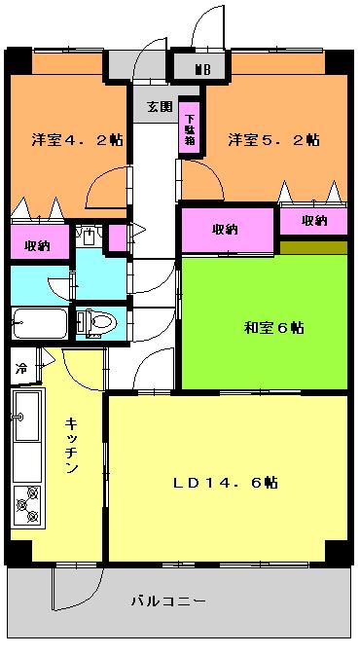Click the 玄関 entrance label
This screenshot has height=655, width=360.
pos(160,107)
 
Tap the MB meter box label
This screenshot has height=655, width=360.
pos(203,69)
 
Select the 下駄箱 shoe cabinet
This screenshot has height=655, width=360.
pos(189,127)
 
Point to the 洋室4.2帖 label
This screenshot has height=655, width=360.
pos(77,140)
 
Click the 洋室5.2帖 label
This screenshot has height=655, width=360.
pos(274,140)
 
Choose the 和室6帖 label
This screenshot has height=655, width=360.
pos(274,328)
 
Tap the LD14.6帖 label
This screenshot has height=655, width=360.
pos(226,483)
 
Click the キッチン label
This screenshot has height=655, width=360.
pos(71,446)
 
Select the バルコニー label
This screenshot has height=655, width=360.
pos(168,601)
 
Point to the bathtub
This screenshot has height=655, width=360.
pos(40,323)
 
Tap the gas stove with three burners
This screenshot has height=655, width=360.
pos(28,505)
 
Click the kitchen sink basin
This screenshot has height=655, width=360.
pos(27,416)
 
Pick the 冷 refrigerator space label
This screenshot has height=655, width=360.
pos(21,369)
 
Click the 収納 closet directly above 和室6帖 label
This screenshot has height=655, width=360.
pos(228,230)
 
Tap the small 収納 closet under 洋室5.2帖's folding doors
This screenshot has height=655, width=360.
pos(313,221)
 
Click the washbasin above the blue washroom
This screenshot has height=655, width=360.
pos(89,236)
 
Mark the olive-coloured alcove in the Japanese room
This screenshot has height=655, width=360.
pos(313,247)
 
